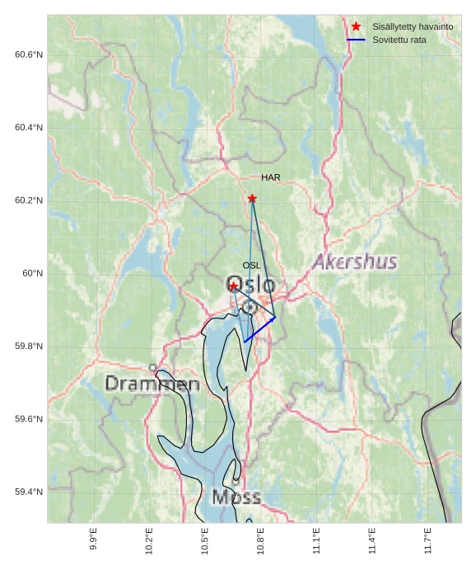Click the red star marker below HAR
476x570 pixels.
tap(252, 199)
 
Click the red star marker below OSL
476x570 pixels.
tap(234, 286)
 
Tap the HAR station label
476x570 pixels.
tap(271, 177)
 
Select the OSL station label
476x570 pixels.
tap(251, 265)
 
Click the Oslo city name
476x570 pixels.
tap(250, 285)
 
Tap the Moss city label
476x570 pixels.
tap(236, 497)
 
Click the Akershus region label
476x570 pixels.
tap(355, 262)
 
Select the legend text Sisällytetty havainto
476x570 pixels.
tap(413, 26)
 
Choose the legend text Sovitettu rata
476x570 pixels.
tap(399, 40)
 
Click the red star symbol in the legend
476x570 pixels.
tap(356, 26)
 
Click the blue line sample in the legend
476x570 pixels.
tap(356, 40)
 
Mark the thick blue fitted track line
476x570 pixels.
tap(259, 329)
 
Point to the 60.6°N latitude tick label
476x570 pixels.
tap(29, 54)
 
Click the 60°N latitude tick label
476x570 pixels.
tap(33, 273)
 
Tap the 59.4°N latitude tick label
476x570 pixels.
tap(29, 492)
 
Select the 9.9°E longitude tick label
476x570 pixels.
tap(93, 540)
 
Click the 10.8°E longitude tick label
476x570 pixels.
tap(260, 540)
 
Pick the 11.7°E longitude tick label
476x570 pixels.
tap(428, 540)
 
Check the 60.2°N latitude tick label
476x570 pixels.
tap(29, 200)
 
